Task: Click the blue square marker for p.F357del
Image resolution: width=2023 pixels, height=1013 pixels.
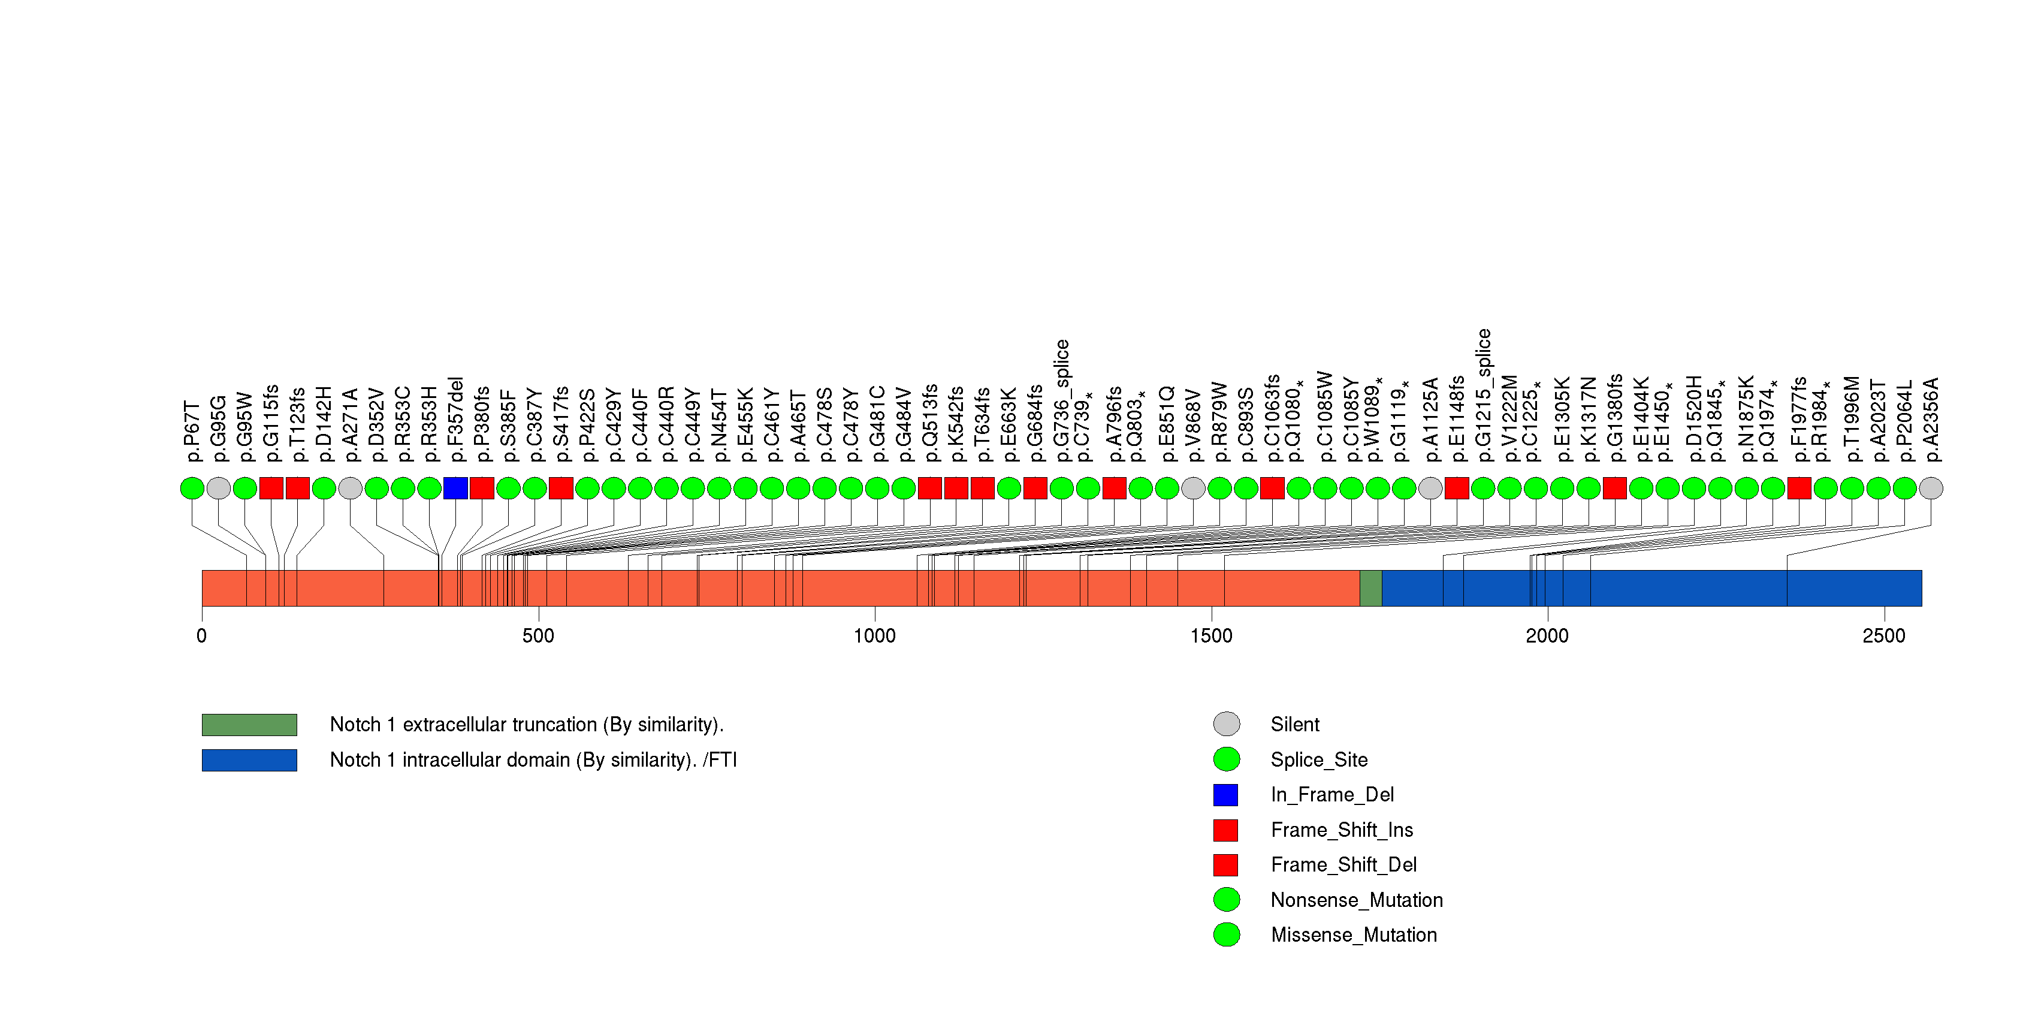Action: click(455, 489)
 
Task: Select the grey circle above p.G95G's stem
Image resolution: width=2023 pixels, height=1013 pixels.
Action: click(218, 489)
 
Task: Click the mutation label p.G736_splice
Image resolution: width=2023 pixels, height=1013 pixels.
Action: click(1061, 401)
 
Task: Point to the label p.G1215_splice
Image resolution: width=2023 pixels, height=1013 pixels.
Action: click(1482, 396)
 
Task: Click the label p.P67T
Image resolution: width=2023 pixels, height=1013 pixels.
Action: click(192, 431)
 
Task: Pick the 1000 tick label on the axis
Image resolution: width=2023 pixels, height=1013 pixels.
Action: click(875, 636)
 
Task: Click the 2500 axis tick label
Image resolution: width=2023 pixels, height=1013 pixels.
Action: click(1884, 636)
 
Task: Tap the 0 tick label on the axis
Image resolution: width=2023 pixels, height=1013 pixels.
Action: click(202, 636)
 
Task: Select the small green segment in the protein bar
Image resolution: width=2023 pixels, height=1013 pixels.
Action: click(1370, 588)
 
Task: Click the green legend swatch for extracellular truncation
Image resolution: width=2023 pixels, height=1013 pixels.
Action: click(249, 725)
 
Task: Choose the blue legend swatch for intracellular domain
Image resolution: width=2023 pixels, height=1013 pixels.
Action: click(249, 760)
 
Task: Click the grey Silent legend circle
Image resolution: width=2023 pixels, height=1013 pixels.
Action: click(1227, 724)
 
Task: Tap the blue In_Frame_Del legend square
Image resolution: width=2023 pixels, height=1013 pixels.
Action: click(1226, 795)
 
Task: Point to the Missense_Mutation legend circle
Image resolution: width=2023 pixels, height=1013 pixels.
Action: click(1227, 934)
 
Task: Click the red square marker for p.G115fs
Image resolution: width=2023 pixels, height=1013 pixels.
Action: click(271, 489)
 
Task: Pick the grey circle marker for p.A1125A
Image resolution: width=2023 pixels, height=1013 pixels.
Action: click(1430, 489)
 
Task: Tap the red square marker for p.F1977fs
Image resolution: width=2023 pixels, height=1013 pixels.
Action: click(1799, 489)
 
